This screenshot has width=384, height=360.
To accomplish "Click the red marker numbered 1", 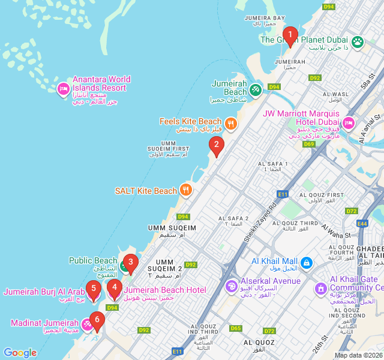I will [290, 35].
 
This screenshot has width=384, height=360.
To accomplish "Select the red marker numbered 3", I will [130, 263].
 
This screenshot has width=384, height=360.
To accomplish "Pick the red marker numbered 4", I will [114, 289].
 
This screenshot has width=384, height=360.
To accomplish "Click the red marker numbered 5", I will [92, 289].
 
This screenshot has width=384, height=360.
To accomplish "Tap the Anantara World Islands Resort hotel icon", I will [63, 89].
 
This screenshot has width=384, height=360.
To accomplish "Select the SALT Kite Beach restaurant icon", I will [186, 191].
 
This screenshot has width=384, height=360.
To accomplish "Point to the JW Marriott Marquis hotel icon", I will [348, 124].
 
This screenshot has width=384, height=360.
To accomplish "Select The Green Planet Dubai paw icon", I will [358, 41].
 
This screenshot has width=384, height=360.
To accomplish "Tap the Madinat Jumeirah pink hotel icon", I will [88, 325].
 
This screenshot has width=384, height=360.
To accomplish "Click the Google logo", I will [20, 353].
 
